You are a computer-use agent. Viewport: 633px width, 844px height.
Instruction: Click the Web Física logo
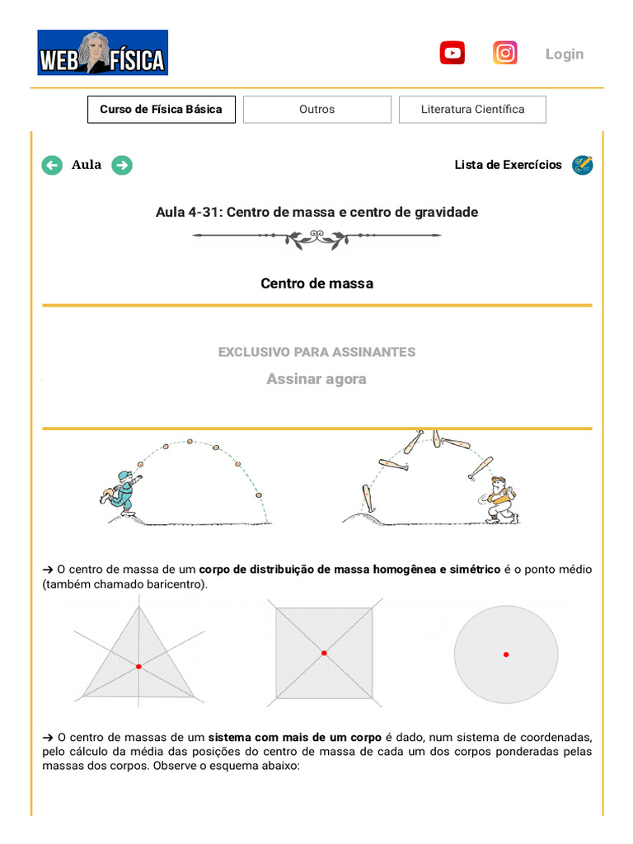(102, 53)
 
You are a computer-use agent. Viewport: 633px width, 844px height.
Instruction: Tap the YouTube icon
(452, 54)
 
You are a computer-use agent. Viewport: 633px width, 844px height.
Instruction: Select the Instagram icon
(505, 54)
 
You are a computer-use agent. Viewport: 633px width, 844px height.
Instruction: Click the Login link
(564, 54)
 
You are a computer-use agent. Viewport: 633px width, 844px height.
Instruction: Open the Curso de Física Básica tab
(161, 110)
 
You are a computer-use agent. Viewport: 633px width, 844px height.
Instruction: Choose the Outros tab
(316, 110)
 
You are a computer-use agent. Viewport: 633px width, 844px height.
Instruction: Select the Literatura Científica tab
(472, 110)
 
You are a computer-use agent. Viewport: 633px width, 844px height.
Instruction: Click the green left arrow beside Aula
(52, 165)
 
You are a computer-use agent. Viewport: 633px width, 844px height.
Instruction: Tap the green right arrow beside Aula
(122, 165)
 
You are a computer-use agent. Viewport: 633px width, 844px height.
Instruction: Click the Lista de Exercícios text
(508, 165)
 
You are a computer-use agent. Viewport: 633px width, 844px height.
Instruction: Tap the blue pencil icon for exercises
(582, 165)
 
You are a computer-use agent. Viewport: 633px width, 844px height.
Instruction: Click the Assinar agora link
(316, 379)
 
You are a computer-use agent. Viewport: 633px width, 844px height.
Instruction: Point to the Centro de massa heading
(316, 284)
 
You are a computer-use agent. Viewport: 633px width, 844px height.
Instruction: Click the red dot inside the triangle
(138, 666)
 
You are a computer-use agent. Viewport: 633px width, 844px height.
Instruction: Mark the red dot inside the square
(324, 653)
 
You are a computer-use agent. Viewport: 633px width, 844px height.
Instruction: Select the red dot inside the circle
(506, 654)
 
